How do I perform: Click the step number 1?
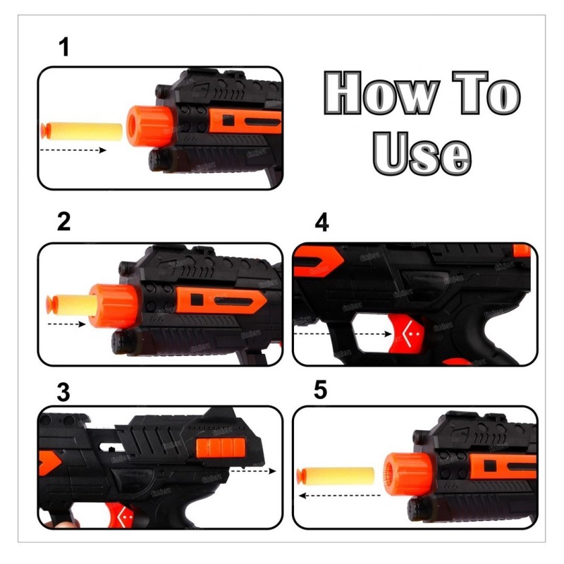pyautogui.click(x=64, y=49)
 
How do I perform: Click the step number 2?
pyautogui.click(x=64, y=222)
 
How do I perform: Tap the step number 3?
pyautogui.click(x=64, y=393)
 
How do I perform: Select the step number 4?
pyautogui.click(x=321, y=222)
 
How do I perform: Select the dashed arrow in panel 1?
pyautogui.click(x=73, y=150)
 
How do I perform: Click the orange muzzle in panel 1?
pyautogui.click(x=145, y=126)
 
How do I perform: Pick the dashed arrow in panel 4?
pyautogui.click(x=343, y=333)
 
